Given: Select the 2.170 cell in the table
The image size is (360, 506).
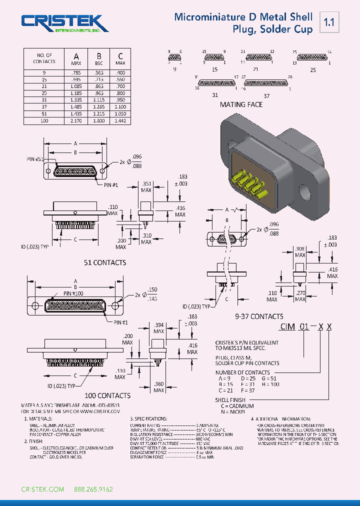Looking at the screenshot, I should click(76, 121).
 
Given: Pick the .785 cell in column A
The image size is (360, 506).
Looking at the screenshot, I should click(76, 72).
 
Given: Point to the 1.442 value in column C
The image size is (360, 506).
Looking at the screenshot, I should click(120, 121).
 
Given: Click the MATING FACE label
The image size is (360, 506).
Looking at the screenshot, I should click(241, 104).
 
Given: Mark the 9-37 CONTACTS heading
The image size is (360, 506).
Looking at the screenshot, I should click(259, 316).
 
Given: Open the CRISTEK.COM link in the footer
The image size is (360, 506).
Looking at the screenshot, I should click(42, 489).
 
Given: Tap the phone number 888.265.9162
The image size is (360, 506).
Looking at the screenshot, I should click(93, 489).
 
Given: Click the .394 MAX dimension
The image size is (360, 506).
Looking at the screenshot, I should click(159, 328).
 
